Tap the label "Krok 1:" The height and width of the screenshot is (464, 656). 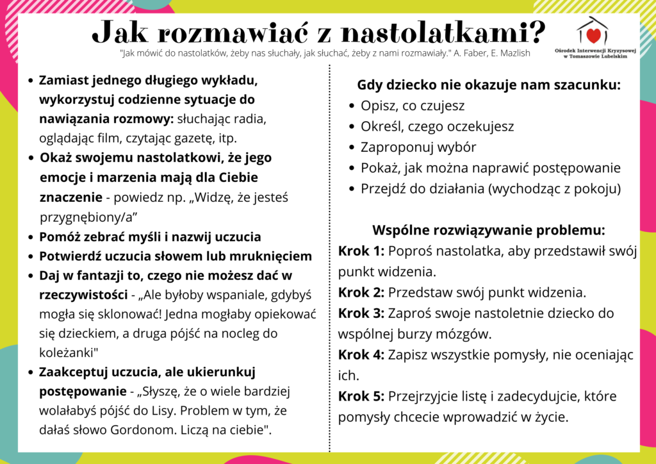click(x=361, y=251)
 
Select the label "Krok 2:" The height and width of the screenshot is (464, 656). click(x=361, y=293)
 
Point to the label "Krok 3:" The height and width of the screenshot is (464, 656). click(x=361, y=313)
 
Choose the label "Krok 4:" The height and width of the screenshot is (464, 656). click(x=361, y=355)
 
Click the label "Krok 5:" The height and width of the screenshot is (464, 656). click(x=361, y=396)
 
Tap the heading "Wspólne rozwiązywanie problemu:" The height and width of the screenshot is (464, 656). click(x=489, y=230)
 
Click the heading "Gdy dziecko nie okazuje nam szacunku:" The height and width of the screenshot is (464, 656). click(x=489, y=85)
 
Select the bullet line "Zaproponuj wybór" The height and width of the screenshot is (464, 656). click(x=418, y=147)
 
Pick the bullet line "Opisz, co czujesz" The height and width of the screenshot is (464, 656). click(x=413, y=106)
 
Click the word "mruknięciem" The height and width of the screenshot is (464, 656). click(x=271, y=256)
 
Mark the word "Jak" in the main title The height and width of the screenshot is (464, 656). click(x=120, y=32)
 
